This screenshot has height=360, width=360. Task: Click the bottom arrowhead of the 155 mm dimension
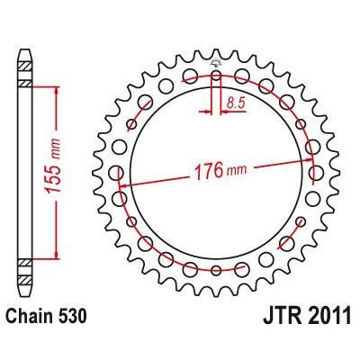pos(58,256)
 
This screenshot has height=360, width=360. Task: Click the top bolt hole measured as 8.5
pos(217,79)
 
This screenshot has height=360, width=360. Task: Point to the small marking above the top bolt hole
pos(217,64)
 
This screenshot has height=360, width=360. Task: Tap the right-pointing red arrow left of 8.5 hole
pos(206,113)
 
